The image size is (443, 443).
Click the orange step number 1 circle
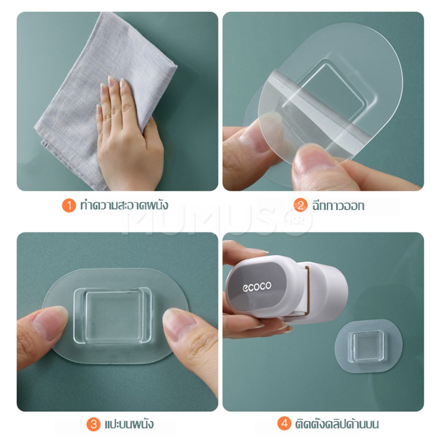click(x=69, y=205)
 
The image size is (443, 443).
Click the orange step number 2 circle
click(x=300, y=205)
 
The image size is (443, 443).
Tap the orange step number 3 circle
click(x=93, y=424)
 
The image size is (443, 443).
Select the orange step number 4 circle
click(x=284, y=424)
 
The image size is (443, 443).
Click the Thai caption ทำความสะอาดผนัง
click(x=124, y=205)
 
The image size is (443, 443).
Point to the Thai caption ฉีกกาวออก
click(x=338, y=205)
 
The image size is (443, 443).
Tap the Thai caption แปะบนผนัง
click(x=129, y=424)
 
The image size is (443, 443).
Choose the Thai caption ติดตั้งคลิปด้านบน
click(x=337, y=424)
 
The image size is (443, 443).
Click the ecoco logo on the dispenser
click(x=257, y=287)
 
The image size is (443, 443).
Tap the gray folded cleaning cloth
click(x=105, y=93)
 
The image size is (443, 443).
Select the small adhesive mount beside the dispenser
click(x=368, y=346)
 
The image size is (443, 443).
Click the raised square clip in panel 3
click(x=113, y=316)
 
